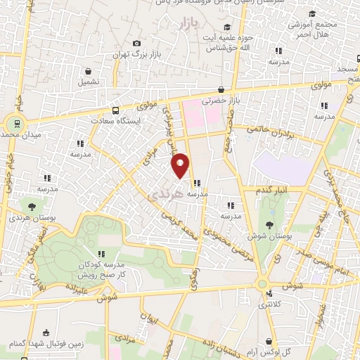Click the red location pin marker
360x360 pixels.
coord(181,165)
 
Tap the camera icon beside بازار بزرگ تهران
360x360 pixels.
coord(136,44)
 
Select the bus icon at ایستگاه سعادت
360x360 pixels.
coord(115,110)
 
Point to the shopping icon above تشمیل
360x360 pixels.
coord(89,70)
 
